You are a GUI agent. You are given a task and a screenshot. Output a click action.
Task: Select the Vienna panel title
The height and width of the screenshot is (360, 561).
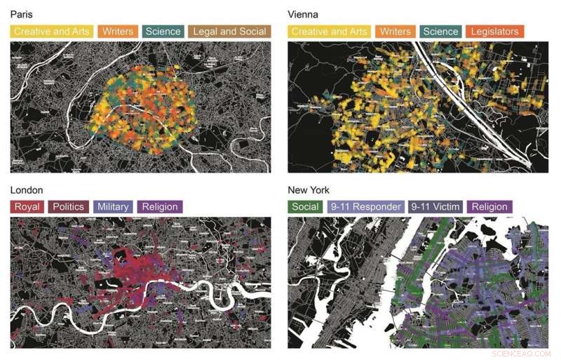coord(303,14)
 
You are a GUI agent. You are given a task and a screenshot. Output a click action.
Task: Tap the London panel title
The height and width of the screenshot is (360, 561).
coord(27,190)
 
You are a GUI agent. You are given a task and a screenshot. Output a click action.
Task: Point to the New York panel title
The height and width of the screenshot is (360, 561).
coord(308,190)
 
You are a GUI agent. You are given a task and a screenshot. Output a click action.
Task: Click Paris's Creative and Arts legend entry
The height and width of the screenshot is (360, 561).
coord(51,31)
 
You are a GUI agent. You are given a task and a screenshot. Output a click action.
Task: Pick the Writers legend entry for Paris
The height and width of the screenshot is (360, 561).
coord(118,31)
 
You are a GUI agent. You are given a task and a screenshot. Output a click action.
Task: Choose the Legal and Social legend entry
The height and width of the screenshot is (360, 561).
coord(229,31)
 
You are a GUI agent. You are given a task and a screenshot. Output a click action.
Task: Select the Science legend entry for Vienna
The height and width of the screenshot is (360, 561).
coord(441,31)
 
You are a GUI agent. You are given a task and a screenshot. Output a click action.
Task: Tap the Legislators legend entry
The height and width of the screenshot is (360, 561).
coord(495,31)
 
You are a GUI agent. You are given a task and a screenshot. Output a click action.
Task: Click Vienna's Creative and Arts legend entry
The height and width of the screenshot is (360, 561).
coord(329,31)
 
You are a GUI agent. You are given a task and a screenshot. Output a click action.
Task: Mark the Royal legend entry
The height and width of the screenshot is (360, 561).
coord(27,206)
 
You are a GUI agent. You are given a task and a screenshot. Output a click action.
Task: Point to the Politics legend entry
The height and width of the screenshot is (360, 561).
coord(68,206)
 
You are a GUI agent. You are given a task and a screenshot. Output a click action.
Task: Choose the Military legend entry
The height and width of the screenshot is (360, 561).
coord(113,206)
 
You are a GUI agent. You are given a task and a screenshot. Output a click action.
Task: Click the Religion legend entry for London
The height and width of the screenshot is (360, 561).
coord(161,206)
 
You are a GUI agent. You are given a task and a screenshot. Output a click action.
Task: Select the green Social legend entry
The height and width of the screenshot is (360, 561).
coord(306,206)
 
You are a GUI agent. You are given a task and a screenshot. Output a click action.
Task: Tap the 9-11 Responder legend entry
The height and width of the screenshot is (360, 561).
coord(366,206)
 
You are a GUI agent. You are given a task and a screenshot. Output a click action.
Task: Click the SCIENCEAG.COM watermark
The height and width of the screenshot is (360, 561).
coord(522,353)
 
